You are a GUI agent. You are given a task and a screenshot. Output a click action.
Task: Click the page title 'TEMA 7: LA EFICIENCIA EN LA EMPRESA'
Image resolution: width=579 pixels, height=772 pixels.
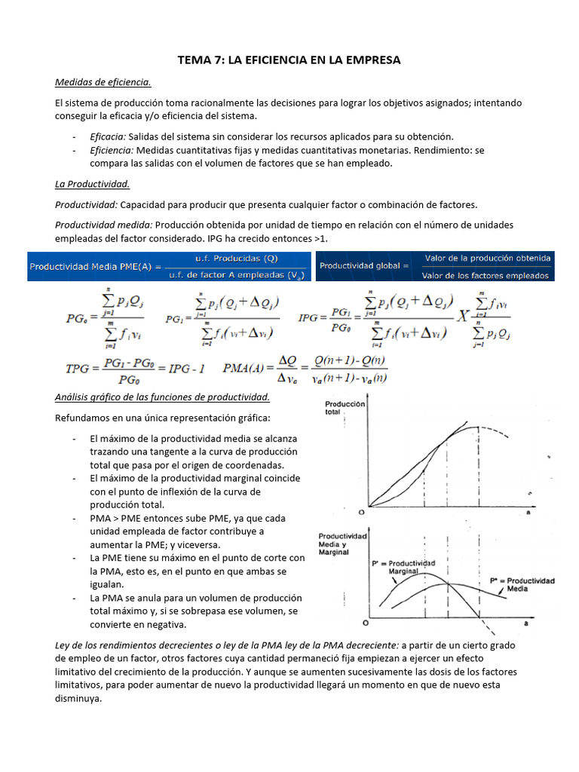[289, 60]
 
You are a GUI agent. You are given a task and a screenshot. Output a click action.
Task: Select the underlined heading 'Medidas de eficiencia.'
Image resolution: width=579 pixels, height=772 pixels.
[103, 81]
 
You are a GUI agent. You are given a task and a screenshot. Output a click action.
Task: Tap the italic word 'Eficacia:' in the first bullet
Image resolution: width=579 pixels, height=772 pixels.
[108, 136]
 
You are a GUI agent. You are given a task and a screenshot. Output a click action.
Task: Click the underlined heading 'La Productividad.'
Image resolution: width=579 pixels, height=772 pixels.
[93, 183]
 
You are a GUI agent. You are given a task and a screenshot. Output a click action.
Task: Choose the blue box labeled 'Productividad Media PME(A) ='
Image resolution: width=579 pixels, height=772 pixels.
[169, 265]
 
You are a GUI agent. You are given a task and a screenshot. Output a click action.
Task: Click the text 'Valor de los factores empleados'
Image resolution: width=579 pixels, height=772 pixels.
[487, 276]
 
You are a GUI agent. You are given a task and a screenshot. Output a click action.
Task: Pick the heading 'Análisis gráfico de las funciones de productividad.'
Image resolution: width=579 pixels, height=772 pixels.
[162, 397]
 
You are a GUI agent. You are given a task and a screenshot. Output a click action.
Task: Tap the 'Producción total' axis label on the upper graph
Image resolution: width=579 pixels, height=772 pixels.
[345, 409]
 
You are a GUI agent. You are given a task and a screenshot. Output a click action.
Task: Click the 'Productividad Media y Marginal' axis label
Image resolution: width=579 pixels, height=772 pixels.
[342, 543]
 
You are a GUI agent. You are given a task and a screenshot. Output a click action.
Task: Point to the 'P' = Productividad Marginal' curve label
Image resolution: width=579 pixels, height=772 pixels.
[403, 567]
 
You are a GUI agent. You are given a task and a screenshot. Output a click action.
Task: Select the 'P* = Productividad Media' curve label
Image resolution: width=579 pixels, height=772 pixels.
[522, 585]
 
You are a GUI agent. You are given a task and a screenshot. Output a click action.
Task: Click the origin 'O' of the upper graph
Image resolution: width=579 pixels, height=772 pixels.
[362, 512]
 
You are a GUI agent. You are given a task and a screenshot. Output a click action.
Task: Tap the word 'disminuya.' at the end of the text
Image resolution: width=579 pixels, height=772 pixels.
[79, 698]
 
